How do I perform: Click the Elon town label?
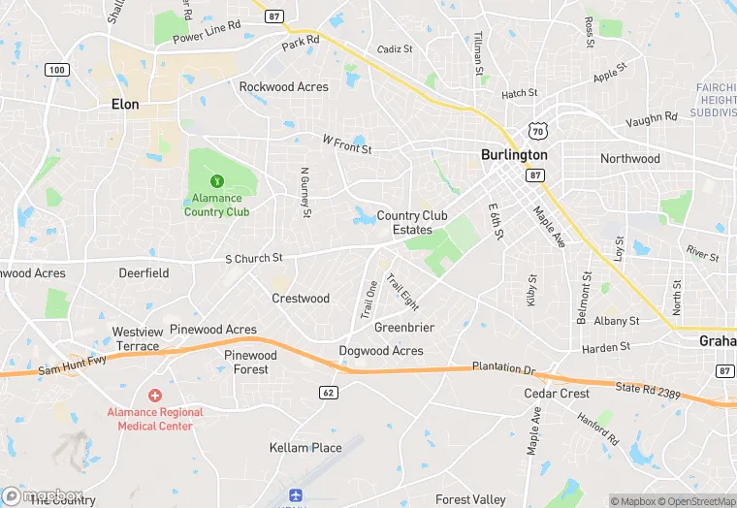point(125,105)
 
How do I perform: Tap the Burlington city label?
point(514,155)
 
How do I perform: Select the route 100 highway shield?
point(57,70)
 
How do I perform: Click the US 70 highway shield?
point(539,131)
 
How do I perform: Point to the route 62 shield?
point(329,391)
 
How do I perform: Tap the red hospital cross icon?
point(154,396)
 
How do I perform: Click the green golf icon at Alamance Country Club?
point(216,180)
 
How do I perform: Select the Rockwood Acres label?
point(283,87)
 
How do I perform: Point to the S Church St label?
point(253,259)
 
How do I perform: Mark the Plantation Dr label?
point(503,368)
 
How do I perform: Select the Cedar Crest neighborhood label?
point(557,394)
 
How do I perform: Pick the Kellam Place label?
point(305,448)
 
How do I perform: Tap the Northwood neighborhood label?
point(629,159)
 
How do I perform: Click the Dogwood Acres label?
point(381,351)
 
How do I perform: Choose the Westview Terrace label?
point(136,339)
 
